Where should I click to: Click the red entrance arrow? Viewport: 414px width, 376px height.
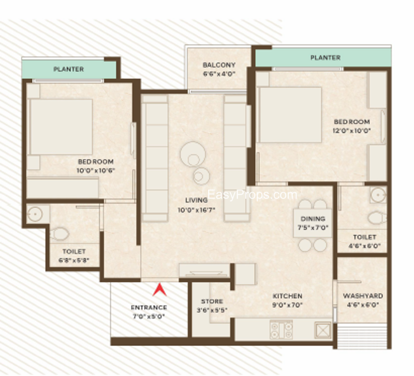160,289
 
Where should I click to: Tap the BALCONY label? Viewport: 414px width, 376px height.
219,65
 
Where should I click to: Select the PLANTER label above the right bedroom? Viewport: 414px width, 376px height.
326,57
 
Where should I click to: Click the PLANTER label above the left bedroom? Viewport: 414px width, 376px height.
69,69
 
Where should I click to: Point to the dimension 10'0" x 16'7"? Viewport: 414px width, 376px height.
197,210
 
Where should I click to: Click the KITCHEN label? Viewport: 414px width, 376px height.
288,296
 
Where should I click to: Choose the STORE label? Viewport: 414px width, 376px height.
212,301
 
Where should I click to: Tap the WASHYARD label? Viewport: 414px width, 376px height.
363,295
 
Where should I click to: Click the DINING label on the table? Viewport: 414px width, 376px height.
313,218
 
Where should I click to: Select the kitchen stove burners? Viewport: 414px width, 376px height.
282,330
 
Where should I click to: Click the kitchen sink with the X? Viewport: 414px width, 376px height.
322,330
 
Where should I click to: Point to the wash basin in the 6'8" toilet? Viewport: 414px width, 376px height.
35,214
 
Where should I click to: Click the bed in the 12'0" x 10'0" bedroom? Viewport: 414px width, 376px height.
289,115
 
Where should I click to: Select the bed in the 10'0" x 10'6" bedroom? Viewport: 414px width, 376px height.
61,127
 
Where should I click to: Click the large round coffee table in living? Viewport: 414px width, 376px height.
193,154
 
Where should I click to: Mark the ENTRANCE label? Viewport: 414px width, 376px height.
149,307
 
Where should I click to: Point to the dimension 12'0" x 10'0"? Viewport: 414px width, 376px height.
352,131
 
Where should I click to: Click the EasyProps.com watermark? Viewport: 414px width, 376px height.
252,195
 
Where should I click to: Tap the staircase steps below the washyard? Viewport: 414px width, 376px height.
362,336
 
